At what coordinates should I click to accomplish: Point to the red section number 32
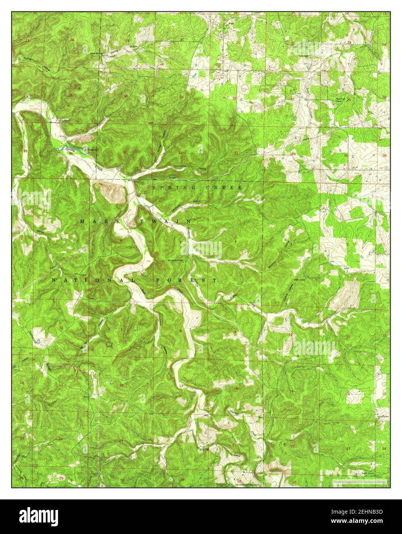coord(180,153)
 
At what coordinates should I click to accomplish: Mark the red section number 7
coord(121,330)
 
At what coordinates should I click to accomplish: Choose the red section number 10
coord(291,335)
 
